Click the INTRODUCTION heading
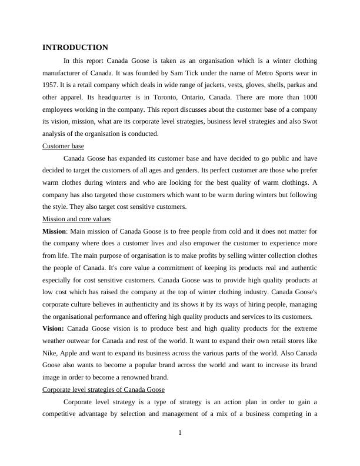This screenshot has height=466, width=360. click(x=75, y=48)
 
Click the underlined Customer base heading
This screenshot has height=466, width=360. click(x=64, y=146)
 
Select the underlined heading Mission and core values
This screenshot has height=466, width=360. click(x=76, y=219)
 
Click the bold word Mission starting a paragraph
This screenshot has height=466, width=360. click(x=54, y=231)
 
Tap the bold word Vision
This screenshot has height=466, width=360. click(x=54, y=329)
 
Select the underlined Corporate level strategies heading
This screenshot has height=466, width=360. click(x=104, y=390)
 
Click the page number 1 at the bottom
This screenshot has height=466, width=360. click(x=180, y=433)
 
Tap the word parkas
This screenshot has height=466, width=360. click(x=288, y=85)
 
